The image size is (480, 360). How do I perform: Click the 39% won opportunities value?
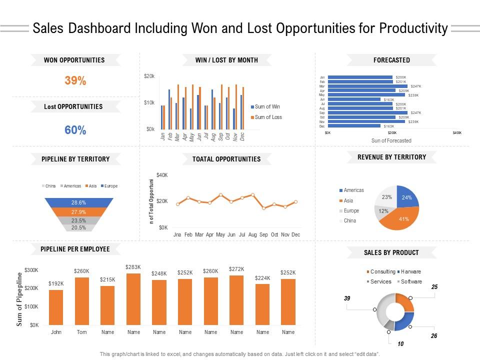[x=75, y=80]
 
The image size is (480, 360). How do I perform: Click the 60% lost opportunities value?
[x=75, y=130]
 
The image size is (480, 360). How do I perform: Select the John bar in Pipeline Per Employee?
[x=56, y=307]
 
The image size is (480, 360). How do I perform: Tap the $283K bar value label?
[x=133, y=267]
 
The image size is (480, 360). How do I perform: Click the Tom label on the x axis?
[x=81, y=332]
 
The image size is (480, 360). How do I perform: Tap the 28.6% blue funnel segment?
[x=78, y=203]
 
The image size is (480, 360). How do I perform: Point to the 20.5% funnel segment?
[x=78, y=227]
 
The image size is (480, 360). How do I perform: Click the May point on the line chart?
[x=220, y=195]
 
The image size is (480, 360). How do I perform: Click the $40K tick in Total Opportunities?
[x=162, y=175]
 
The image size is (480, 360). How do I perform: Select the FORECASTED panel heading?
[x=391, y=60]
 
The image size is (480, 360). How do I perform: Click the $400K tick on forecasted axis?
[x=457, y=133]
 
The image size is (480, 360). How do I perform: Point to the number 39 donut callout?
[x=347, y=298]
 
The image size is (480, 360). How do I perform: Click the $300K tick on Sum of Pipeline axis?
[x=31, y=270]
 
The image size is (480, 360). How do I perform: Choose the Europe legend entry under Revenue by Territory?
[x=351, y=210]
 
